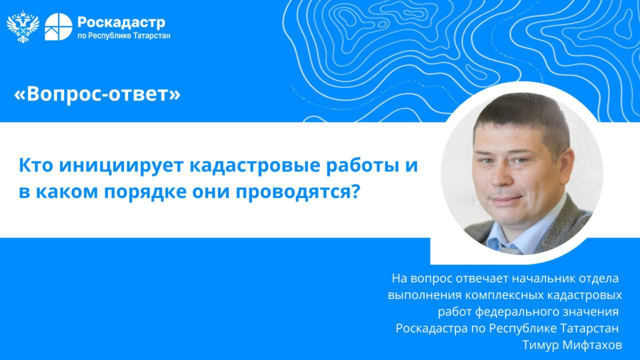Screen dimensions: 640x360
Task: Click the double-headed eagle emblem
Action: pyautogui.click(x=23, y=26)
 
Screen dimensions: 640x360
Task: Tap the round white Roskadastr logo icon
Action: pyautogui.click(x=58, y=26)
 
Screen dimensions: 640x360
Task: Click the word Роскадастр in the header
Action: pyautogui.click(x=121, y=23)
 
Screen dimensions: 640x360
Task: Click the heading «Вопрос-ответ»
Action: pyautogui.click(x=97, y=94)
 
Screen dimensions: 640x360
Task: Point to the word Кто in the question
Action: pyautogui.click(x=36, y=166)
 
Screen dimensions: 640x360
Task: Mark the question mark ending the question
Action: pyautogui.click(x=354, y=192)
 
